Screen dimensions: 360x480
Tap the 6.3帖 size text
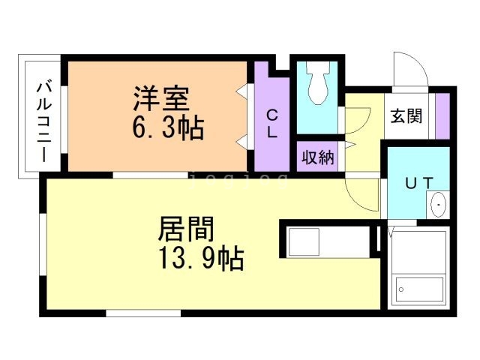coord(167,128)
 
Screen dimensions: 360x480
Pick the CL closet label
coord(272,124)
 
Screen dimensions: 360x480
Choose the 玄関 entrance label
coord(406,116)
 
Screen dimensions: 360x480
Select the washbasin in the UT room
coord(438,204)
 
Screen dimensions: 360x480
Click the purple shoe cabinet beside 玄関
coord(442,115)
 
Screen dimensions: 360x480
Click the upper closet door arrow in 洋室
coord(243,91)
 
